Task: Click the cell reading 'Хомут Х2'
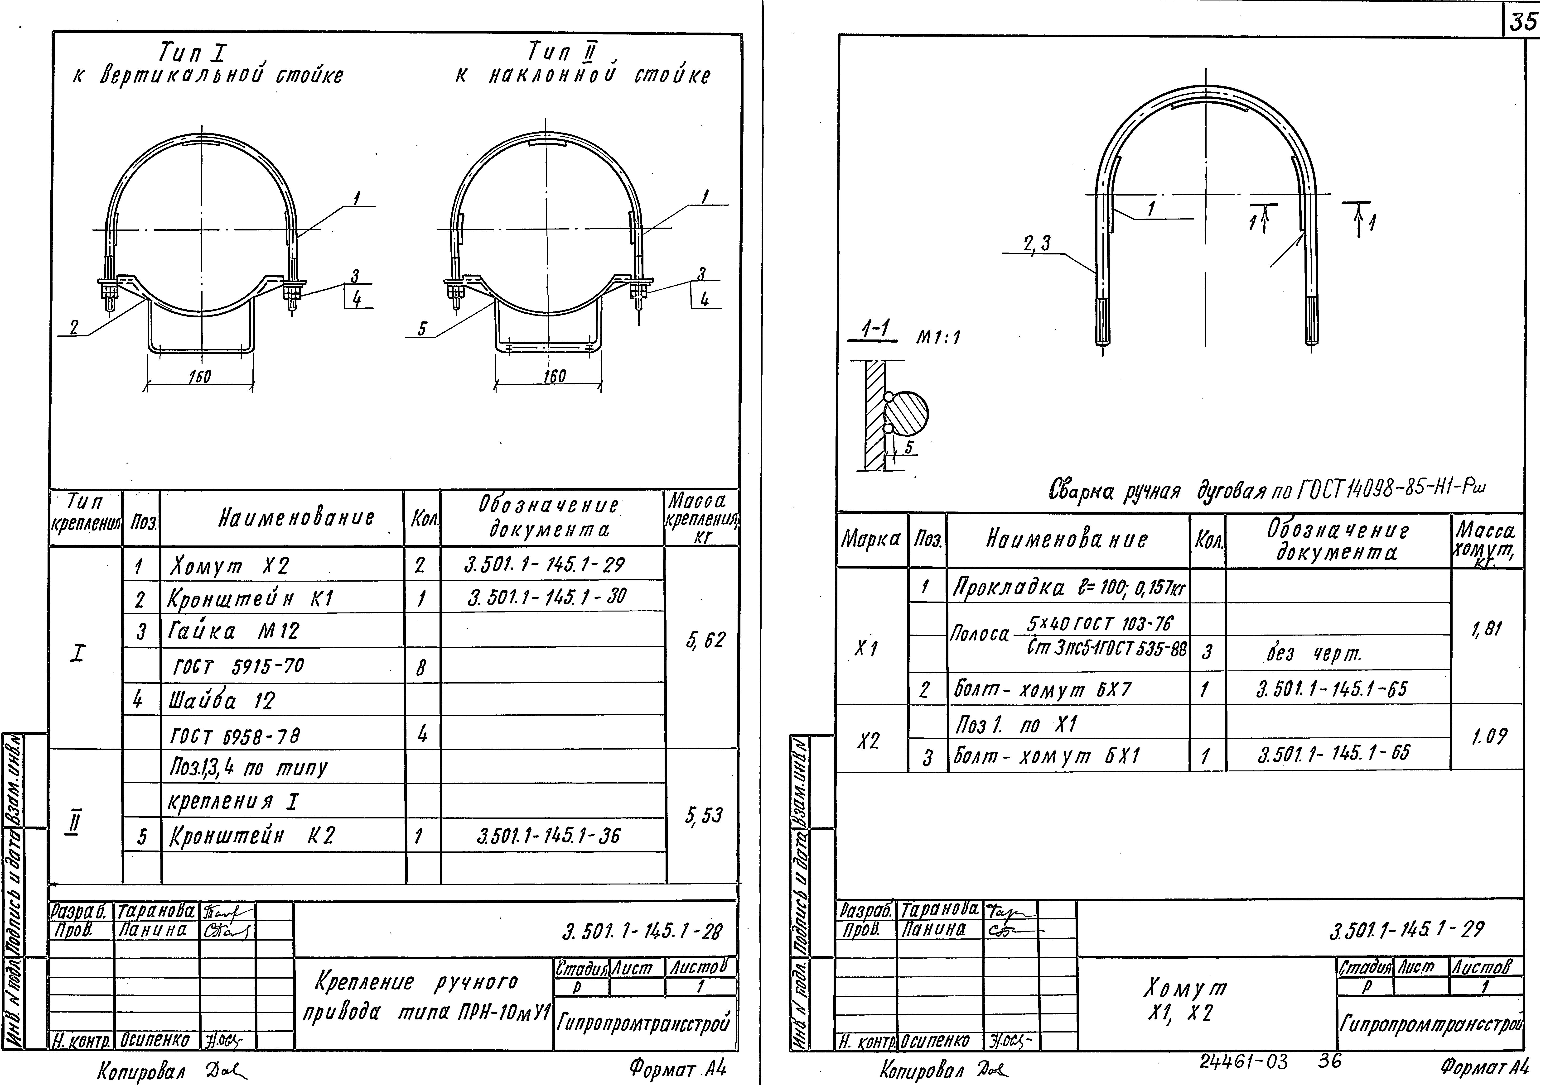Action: coord(230,567)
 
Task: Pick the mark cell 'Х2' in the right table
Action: coord(869,741)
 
